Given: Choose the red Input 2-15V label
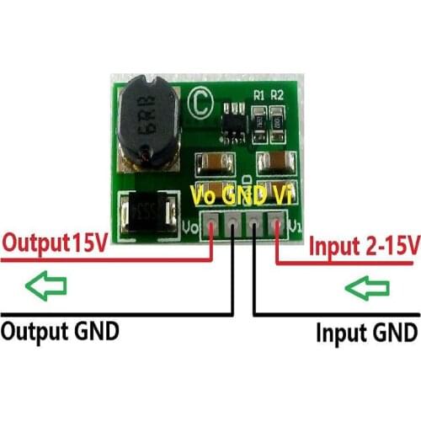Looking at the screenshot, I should [x=364, y=246].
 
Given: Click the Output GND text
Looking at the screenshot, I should [x=59, y=329].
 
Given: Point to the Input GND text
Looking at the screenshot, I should [x=365, y=330].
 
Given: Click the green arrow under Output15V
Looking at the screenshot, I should [x=46, y=286].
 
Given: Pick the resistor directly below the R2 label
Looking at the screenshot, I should [x=279, y=120].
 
